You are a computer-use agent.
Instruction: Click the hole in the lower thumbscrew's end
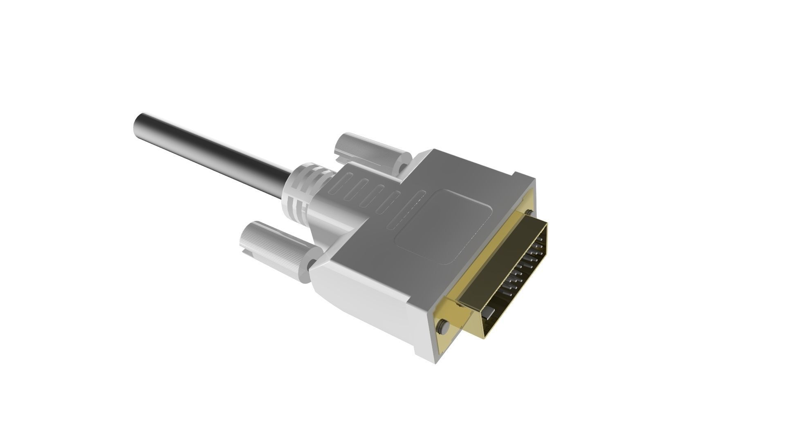(x=313, y=264)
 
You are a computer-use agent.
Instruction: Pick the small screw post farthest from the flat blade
(x=529, y=212)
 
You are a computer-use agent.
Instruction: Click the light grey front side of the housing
(x=368, y=302)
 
